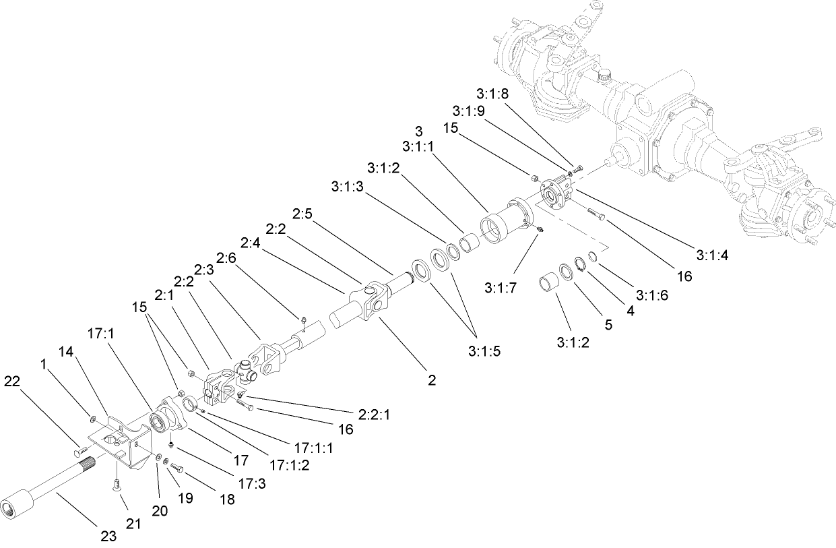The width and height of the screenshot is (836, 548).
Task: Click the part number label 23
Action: [108, 537]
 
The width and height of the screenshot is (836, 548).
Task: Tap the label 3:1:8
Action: [493, 94]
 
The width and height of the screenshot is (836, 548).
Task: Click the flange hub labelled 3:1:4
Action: [556, 195]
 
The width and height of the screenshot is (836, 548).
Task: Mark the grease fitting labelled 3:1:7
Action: [540, 229]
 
